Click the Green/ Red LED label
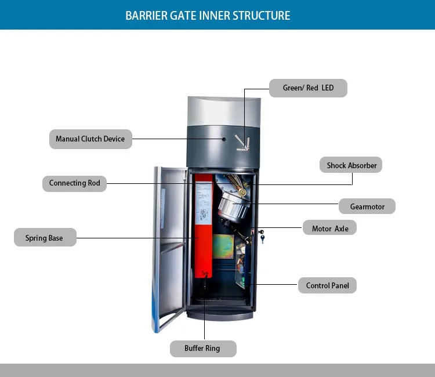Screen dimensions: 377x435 (x=308, y=88)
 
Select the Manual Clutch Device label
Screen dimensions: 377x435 (x=90, y=139)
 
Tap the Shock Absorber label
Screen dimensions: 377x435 (x=351, y=165)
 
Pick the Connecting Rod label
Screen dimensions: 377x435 (x=74, y=183)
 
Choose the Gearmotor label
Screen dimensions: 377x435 (x=367, y=206)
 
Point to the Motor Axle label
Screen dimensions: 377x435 (x=330, y=229)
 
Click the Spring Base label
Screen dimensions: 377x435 (x=45, y=238)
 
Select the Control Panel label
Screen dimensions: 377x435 (x=328, y=285)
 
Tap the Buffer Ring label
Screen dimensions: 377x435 (x=202, y=349)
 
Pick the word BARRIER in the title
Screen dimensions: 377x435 (x=146, y=15)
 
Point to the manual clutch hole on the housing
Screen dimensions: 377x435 (x=224, y=139)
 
